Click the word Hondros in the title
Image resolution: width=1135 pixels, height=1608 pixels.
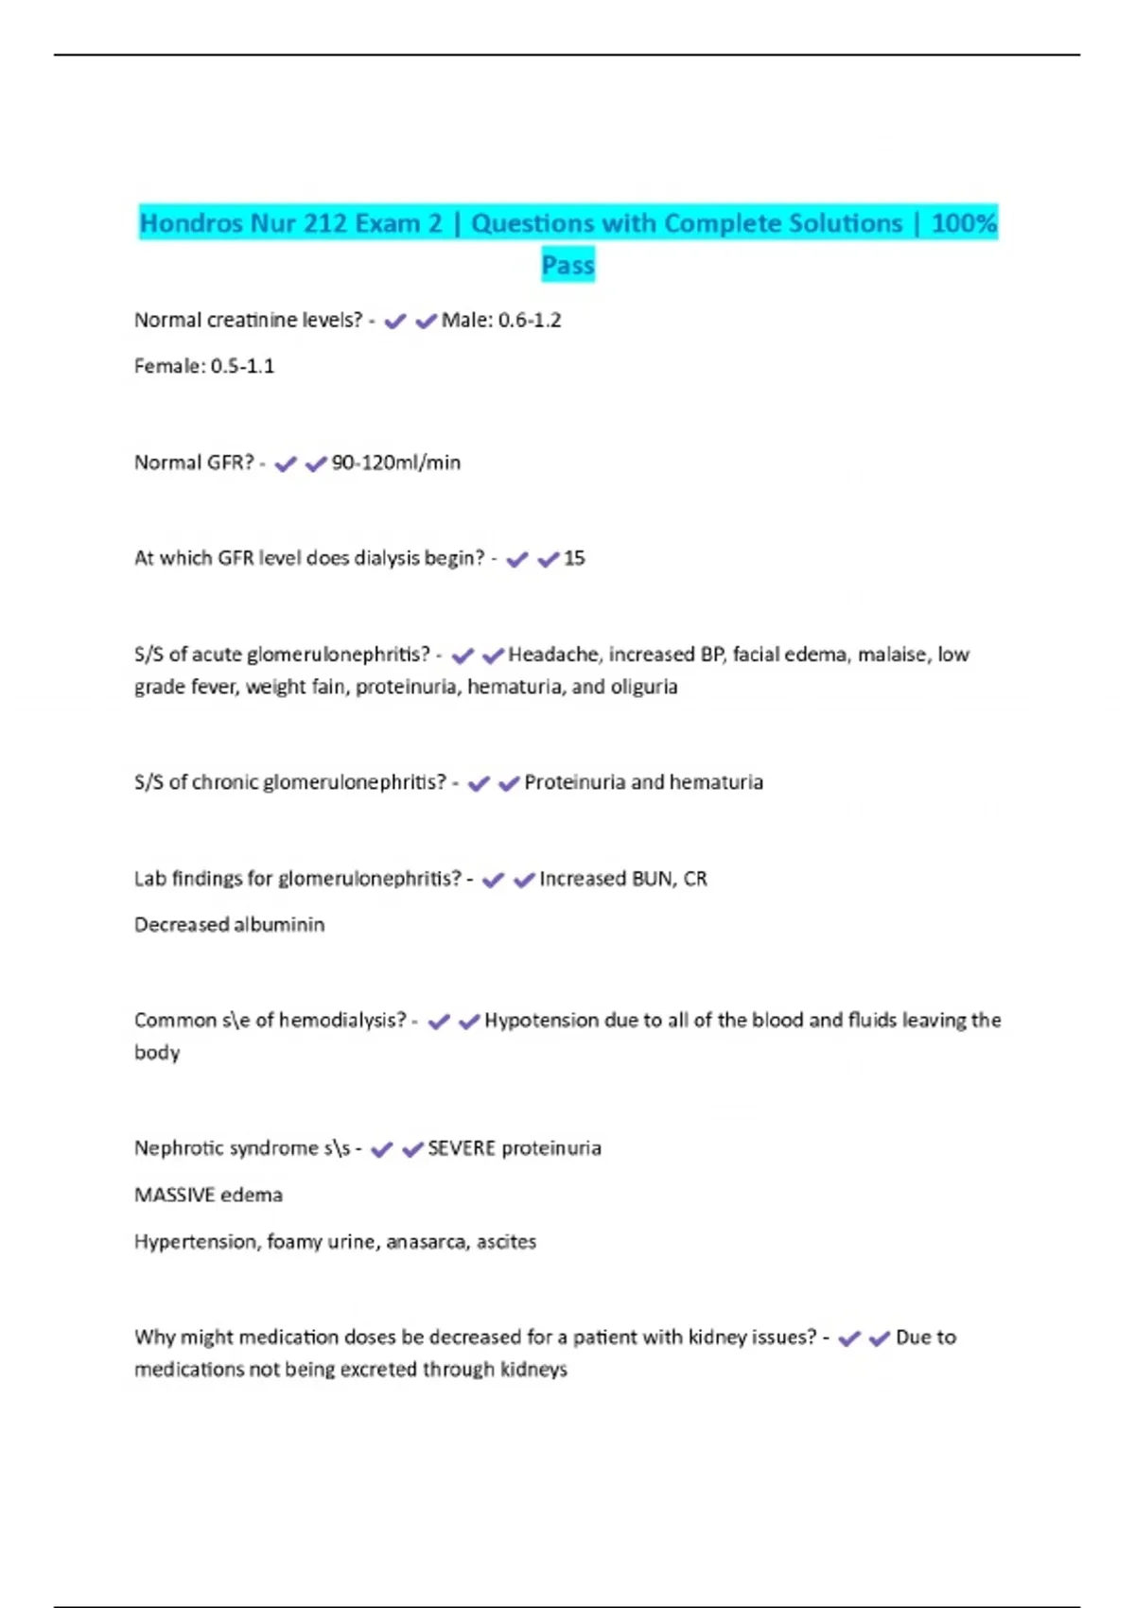[x=192, y=224]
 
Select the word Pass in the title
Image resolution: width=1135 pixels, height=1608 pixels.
[x=567, y=265]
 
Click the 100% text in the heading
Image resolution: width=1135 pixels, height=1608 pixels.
[x=964, y=224]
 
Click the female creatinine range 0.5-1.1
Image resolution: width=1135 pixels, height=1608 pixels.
[x=242, y=366]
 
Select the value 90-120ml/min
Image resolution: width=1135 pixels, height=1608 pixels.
[x=396, y=463]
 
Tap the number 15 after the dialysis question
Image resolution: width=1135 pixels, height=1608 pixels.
[x=574, y=558]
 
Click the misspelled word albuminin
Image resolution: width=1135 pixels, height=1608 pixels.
[x=279, y=924]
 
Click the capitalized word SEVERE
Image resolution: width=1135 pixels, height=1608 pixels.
[x=462, y=1148]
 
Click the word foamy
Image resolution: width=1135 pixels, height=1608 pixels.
[x=294, y=1242]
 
